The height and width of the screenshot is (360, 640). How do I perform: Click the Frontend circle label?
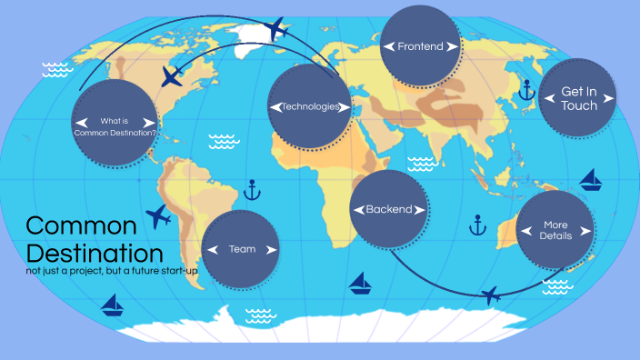[420, 45]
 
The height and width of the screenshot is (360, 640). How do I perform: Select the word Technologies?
[310, 106]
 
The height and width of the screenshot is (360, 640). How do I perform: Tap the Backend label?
[388, 209]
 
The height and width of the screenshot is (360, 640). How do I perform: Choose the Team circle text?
[242, 249]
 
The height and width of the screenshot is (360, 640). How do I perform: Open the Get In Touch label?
[579, 98]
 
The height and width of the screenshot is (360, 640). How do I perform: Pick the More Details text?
[555, 230]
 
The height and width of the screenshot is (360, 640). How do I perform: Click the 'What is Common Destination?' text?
[115, 127]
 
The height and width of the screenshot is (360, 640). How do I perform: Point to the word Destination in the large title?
[95, 253]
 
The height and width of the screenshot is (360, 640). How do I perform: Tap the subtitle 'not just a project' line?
[112, 271]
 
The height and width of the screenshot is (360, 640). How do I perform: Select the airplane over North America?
[172, 75]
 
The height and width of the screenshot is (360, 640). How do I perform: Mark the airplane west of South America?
[158, 216]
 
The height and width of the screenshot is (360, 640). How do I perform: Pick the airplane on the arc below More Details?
[492, 295]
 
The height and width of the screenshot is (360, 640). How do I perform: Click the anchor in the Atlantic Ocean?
[253, 190]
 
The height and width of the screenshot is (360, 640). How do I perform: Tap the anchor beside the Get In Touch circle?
[525, 88]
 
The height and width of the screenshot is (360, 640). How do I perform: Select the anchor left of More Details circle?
[476, 225]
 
